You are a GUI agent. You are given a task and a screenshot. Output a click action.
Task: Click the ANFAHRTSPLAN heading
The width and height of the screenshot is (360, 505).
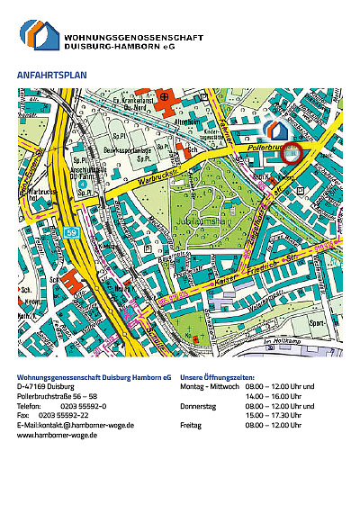[52, 75]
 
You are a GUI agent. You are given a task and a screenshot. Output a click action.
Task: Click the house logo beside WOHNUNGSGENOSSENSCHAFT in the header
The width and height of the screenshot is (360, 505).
[40, 34]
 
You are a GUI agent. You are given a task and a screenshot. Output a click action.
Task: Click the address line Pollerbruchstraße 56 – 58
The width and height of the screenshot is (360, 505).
[58, 395]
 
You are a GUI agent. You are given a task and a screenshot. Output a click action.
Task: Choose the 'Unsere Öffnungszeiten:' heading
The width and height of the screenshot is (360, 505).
[217, 376]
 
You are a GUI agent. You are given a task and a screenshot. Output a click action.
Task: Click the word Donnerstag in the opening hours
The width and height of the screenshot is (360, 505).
[198, 405]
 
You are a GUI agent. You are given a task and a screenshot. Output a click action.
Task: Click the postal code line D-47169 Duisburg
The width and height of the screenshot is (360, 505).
[45, 386]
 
